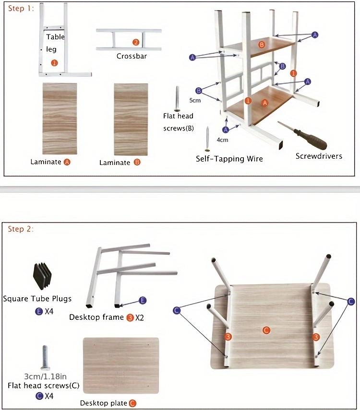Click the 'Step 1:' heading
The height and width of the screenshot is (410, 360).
[x=20, y=9]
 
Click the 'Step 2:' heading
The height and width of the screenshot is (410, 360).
[x=21, y=229]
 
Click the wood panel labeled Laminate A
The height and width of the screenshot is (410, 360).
[x=60, y=118]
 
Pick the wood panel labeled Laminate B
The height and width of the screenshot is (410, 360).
[x=131, y=118]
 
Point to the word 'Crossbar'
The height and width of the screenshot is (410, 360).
[x=132, y=56]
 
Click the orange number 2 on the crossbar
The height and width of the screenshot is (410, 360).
[x=136, y=42]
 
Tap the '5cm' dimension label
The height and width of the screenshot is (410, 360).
[x=194, y=101]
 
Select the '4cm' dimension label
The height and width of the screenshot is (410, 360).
[x=222, y=141]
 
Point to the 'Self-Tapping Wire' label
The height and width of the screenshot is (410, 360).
[x=229, y=158]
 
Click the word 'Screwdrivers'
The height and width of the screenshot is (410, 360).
[x=319, y=156]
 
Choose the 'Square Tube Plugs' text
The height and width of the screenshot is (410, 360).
[x=37, y=299]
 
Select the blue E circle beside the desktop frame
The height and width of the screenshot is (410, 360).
[x=143, y=300]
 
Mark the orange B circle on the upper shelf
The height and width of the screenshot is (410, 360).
[x=262, y=45]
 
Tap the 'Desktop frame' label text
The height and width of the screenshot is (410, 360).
[x=96, y=317]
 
